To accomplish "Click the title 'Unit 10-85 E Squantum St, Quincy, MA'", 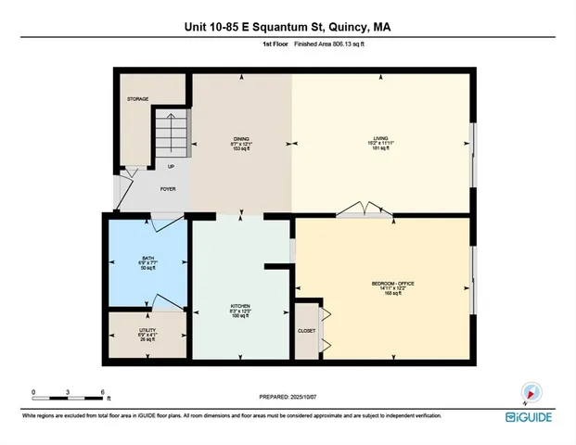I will pos(288,27).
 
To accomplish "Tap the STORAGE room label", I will pos(137,98).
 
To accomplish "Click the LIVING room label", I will pos(380,140).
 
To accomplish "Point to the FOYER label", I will pos(168,189).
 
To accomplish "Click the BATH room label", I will pos(148,259).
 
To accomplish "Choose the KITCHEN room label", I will pos(241,307).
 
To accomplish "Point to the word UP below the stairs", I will pos(171,167).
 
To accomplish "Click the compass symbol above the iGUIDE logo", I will pos(530,392).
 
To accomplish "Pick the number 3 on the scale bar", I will pos(68,391).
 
